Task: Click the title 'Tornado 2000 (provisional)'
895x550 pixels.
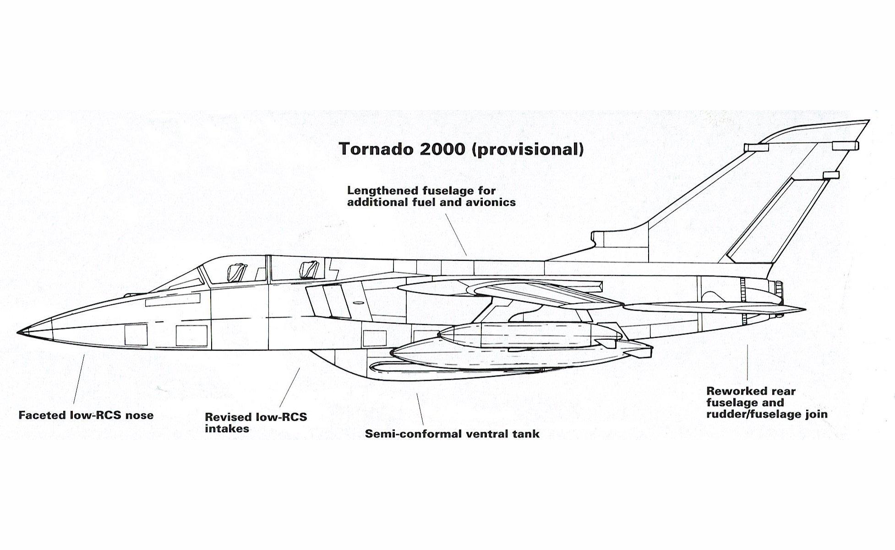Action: [x=461, y=149]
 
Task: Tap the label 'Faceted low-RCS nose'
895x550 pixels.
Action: [x=86, y=415]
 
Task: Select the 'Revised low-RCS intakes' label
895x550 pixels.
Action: [x=256, y=423]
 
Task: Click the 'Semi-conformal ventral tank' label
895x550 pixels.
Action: [x=452, y=434]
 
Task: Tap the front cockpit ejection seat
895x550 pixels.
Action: [x=235, y=272]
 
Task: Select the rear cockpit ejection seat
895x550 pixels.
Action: [x=308, y=269]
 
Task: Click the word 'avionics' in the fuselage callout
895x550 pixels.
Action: [x=491, y=202]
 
